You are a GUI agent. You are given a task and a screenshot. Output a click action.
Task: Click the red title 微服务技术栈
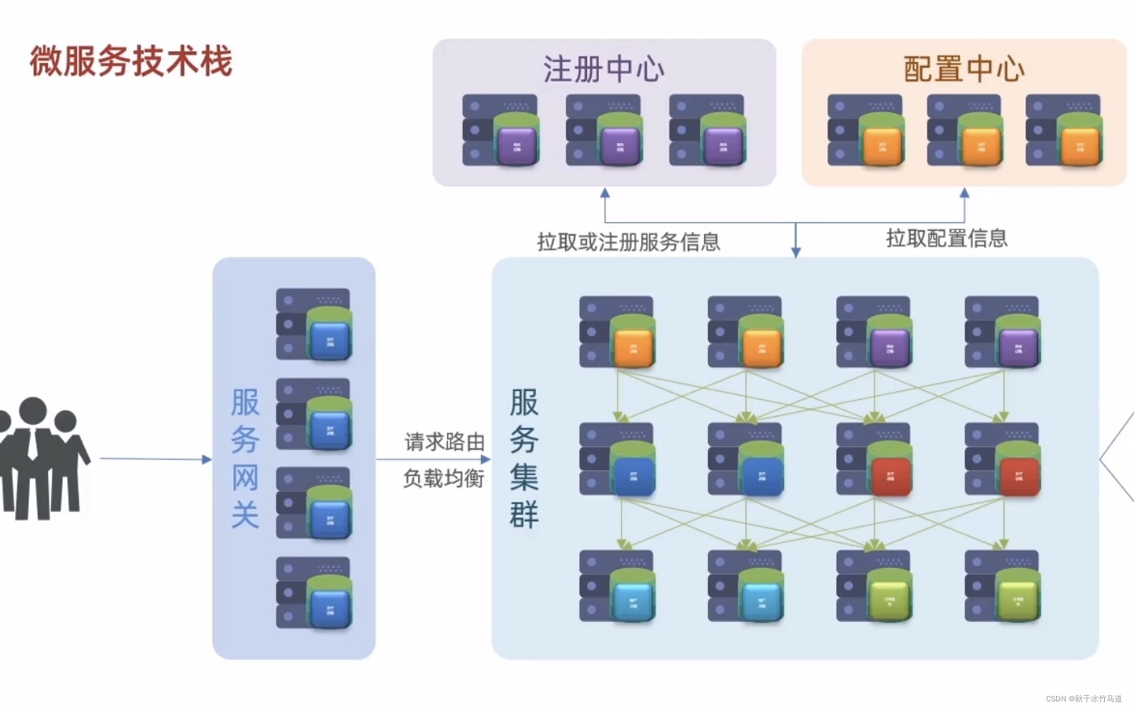click(x=131, y=61)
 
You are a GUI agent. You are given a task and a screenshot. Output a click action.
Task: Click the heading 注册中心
click(x=604, y=69)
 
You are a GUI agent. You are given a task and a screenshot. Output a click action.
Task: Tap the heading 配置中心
click(x=963, y=69)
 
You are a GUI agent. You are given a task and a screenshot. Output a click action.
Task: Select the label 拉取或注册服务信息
click(x=628, y=242)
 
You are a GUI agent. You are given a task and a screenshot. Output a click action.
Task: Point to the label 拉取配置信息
click(x=946, y=238)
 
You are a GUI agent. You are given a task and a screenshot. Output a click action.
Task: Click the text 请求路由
click(x=444, y=442)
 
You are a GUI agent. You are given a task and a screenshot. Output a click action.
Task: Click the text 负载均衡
click(x=443, y=478)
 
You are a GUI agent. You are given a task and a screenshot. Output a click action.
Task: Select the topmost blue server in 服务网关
click(x=314, y=325)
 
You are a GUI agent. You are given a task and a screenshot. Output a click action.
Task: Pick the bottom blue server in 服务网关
click(x=314, y=593)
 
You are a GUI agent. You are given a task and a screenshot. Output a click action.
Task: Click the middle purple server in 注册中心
click(x=604, y=130)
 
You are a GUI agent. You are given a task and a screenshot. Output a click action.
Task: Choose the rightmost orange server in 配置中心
click(x=1063, y=130)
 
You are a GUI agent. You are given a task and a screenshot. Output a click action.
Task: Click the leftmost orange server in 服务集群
click(x=617, y=332)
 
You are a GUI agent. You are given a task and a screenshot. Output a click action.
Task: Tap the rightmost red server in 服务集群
click(x=1003, y=460)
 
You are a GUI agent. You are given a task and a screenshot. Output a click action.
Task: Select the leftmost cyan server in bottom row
click(x=617, y=587)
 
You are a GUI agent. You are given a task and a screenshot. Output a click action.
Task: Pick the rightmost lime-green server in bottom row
click(x=1003, y=587)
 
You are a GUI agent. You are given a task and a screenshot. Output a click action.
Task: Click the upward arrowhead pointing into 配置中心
click(x=964, y=193)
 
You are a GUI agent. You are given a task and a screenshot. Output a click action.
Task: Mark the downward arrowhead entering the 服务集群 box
click(x=796, y=251)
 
